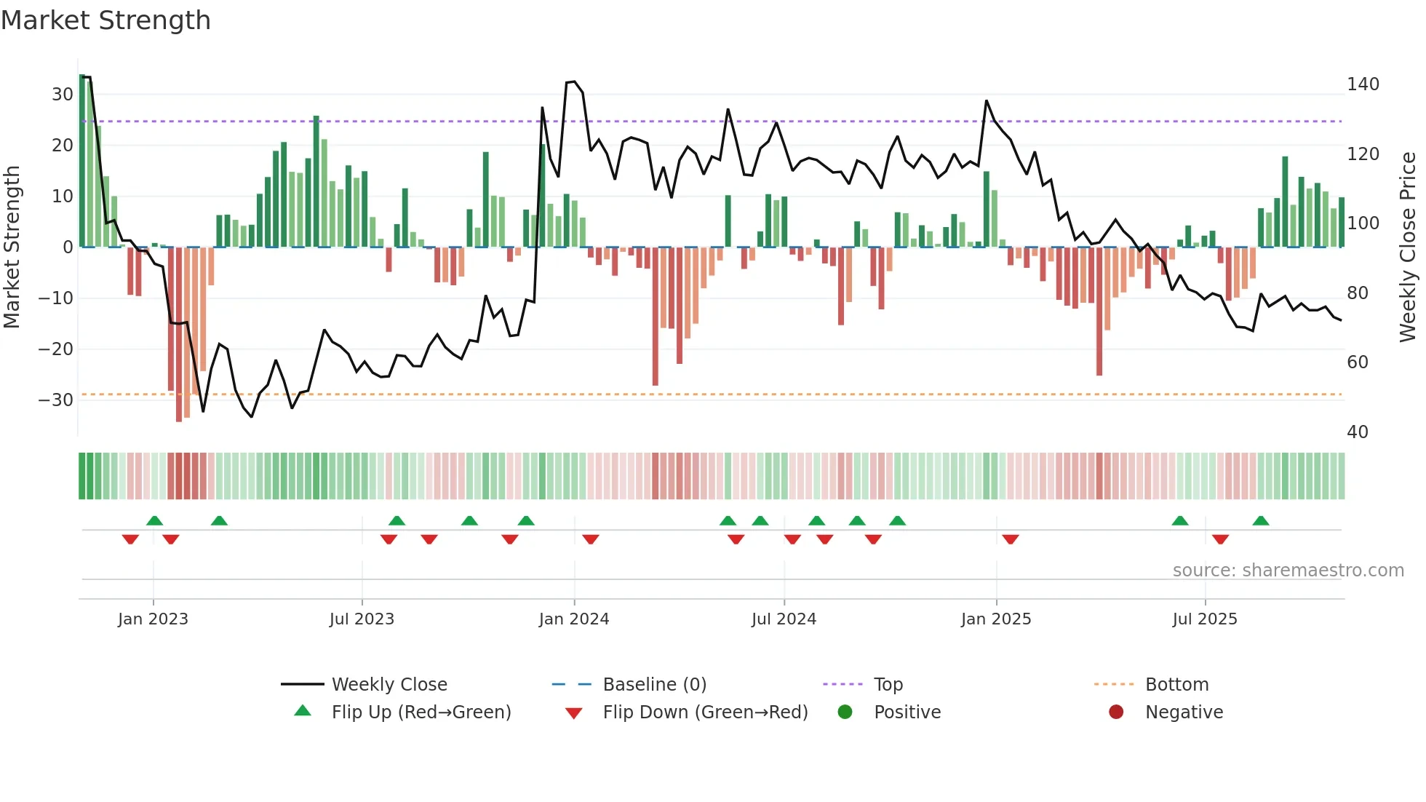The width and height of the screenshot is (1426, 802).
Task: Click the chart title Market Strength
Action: [x=105, y=20]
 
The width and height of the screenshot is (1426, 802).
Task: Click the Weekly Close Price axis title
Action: [x=1408, y=247]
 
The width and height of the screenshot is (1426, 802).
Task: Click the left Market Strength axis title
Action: [x=12, y=247]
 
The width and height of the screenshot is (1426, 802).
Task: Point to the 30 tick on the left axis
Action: [x=62, y=95]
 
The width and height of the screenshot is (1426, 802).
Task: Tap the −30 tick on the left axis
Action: [x=56, y=400]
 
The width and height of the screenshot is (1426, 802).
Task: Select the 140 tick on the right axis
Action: [x=1362, y=84]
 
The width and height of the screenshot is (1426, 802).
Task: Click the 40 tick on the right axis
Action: [x=1357, y=432]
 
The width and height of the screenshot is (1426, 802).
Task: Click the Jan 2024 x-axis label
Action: [x=573, y=619]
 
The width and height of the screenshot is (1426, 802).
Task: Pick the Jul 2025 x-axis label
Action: [x=1204, y=619]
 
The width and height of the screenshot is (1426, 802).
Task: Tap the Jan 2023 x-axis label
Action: [x=153, y=619]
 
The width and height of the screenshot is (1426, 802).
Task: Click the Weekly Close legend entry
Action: [x=389, y=685]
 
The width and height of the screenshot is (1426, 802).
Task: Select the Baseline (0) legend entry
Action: [x=654, y=685]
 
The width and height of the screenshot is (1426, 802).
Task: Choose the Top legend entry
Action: [x=888, y=685]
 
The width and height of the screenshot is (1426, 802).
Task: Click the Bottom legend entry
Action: [x=1176, y=685]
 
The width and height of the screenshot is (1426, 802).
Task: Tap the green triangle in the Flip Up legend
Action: [x=303, y=711]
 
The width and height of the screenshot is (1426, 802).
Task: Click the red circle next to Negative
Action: [x=1115, y=712]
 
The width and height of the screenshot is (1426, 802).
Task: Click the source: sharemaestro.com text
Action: [x=1288, y=571]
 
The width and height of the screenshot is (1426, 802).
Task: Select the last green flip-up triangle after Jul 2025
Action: [x=1261, y=520]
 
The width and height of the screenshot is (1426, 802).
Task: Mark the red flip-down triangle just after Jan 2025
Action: [x=1010, y=539]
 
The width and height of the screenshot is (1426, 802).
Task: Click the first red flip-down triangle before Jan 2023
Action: [x=130, y=539]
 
